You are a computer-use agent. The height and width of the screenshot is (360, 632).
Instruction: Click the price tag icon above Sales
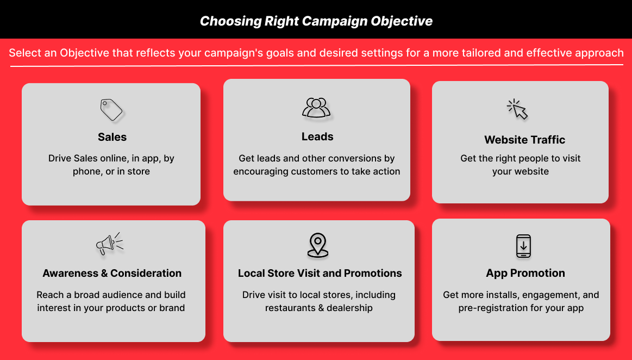click(x=111, y=110)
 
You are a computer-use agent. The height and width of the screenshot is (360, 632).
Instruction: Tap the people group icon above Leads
click(x=316, y=108)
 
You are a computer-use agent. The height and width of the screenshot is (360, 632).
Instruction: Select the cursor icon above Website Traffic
click(x=517, y=109)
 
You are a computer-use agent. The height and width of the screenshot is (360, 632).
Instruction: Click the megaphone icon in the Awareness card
click(x=109, y=244)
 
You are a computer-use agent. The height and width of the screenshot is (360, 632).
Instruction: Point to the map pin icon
click(x=318, y=245)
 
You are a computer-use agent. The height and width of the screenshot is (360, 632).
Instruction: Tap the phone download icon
click(x=523, y=246)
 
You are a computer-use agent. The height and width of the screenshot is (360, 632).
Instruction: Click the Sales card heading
click(x=112, y=137)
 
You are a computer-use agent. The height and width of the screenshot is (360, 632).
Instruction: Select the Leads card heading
click(x=317, y=136)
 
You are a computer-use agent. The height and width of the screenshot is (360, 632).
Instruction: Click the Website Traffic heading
click(x=525, y=140)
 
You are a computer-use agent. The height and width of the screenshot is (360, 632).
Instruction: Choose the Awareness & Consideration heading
click(x=112, y=274)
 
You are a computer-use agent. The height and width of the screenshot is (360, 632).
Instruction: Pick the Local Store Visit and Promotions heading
click(x=320, y=274)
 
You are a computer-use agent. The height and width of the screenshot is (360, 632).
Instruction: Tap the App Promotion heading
click(x=525, y=274)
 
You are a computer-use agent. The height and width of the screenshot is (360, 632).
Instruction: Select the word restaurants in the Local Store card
click(x=290, y=308)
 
